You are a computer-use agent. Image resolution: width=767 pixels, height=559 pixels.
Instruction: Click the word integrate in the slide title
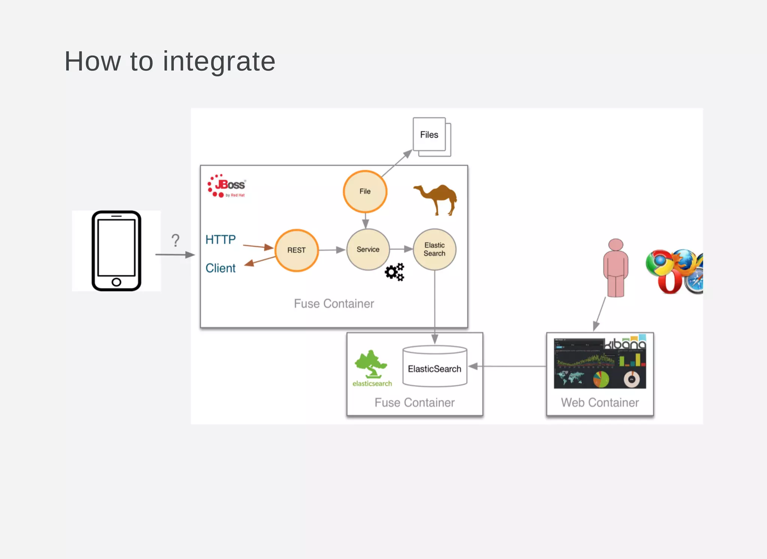click(219, 62)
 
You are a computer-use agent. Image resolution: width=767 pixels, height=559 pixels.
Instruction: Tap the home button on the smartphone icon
click(116, 282)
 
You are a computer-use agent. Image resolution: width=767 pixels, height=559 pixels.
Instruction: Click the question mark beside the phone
click(175, 240)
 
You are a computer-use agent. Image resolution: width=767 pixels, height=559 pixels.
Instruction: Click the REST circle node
click(297, 250)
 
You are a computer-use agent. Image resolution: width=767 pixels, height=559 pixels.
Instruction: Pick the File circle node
click(365, 191)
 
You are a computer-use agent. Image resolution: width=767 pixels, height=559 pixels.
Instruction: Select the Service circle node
click(368, 249)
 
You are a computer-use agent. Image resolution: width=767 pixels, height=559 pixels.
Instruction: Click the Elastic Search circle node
click(434, 249)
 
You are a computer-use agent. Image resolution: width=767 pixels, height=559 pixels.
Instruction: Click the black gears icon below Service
click(395, 272)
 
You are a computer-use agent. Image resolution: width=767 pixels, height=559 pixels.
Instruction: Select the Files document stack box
click(430, 136)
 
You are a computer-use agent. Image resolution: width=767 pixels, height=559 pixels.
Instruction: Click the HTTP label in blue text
click(221, 240)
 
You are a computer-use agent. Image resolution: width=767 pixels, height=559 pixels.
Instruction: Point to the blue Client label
click(221, 268)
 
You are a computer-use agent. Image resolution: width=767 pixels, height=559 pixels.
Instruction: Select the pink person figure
click(615, 268)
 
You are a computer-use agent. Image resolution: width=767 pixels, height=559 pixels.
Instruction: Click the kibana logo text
click(626, 343)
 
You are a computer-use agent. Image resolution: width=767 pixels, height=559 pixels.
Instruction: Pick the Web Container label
click(600, 402)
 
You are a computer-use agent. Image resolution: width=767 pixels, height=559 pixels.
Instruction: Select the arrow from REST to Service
click(332, 250)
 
